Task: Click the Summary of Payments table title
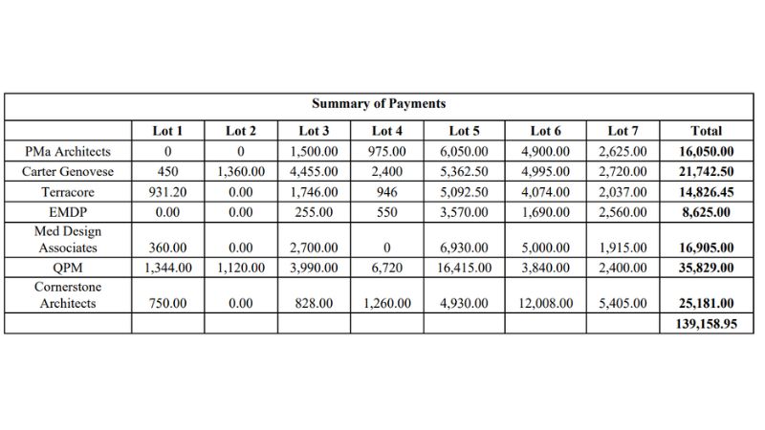coord(378,104)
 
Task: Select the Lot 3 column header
coord(314,131)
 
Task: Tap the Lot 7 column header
coord(623,131)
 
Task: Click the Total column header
coord(706,131)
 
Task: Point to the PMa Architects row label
coord(68,151)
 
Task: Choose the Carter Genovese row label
coord(68,172)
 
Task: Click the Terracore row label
coord(68,192)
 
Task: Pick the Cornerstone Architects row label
coord(68,295)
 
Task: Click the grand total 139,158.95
coord(706,324)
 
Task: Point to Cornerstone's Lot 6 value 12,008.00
coord(545,304)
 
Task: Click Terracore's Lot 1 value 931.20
coord(167,192)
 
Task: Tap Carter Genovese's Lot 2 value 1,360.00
coord(240,172)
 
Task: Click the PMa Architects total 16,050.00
coord(706,151)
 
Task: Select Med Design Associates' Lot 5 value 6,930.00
coord(464,247)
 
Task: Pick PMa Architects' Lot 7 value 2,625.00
coord(623,151)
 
